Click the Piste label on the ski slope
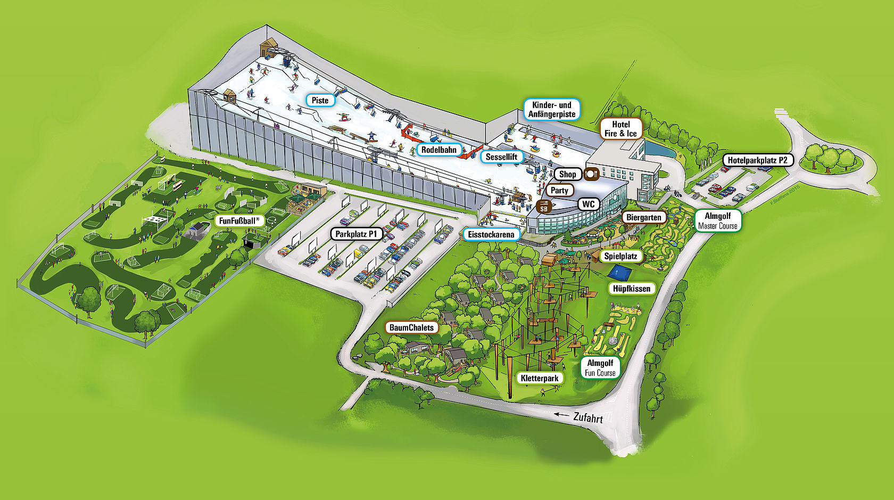[x=320, y=100]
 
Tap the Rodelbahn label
[x=439, y=150]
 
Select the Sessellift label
[x=501, y=157]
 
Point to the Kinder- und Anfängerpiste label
[x=552, y=109]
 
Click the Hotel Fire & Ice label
[x=620, y=129]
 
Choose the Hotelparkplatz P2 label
[x=757, y=160]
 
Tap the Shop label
[x=567, y=174]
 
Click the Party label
[x=559, y=190]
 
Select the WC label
[x=588, y=204]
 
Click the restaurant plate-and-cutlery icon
[x=592, y=174]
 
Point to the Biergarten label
[x=643, y=217]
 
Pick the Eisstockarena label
[x=491, y=234]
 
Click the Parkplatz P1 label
[x=356, y=234]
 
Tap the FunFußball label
[x=239, y=220]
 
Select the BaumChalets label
[x=412, y=327]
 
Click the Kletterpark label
[x=540, y=378]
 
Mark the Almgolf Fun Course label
[x=600, y=367]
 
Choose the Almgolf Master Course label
[x=717, y=220]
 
